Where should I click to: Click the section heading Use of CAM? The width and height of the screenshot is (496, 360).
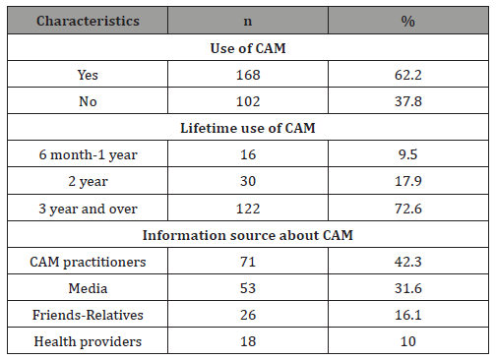point(247,46)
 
